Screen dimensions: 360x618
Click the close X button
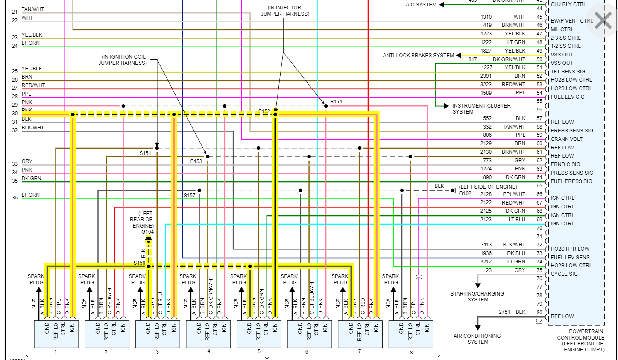[603, 20]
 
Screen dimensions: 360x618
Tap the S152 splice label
[264, 111]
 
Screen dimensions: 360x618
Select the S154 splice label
[336, 102]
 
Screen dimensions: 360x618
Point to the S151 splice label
[145, 153]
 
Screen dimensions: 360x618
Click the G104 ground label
[148, 232]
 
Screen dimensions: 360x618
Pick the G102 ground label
[465, 193]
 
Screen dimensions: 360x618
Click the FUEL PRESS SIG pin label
[571, 181]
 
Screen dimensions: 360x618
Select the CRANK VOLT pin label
[566, 139]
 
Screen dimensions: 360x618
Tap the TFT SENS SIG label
[568, 72]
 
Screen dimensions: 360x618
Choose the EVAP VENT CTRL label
[571, 21]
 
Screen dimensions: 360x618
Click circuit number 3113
[486, 245]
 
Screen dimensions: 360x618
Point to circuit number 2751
[504, 312]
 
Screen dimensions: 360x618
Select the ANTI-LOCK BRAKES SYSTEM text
[418, 56]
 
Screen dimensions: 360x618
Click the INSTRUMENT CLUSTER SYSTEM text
[481, 108]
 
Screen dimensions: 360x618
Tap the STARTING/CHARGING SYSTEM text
[477, 296]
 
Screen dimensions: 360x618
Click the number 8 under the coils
[411, 352]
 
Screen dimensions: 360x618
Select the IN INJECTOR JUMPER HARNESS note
[285, 11]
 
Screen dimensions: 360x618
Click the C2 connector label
[539, 321]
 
